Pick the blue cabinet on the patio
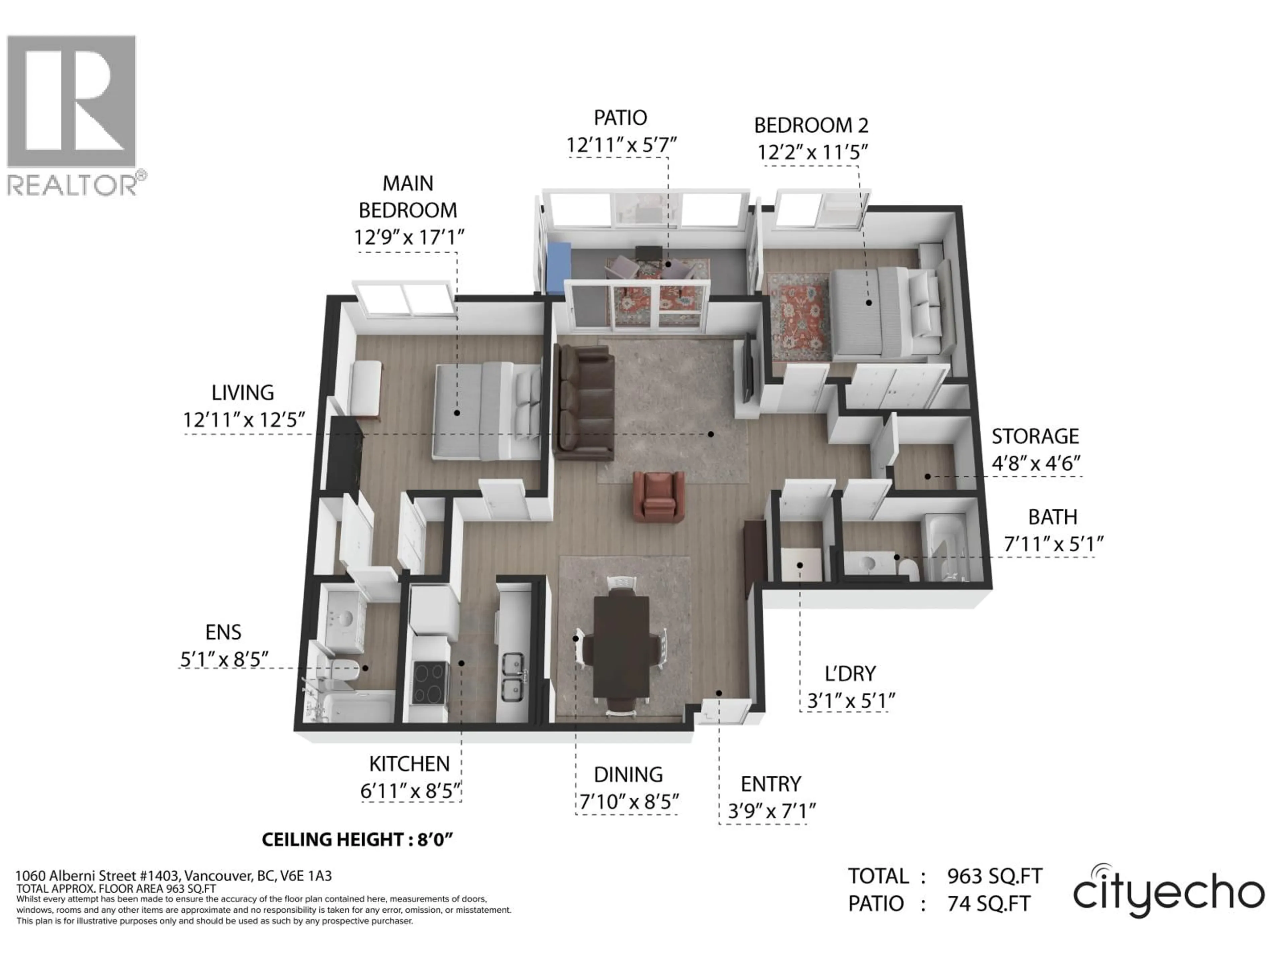[559, 268]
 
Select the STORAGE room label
[1035, 436]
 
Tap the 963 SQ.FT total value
[994, 876]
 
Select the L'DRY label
[850, 673]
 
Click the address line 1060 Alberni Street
[173, 876]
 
